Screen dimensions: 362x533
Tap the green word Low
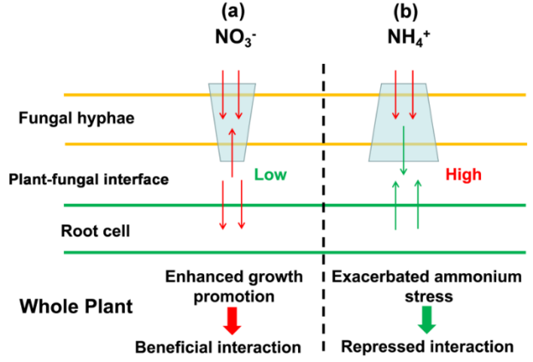[x=270, y=174]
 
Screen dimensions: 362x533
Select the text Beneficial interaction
[x=230, y=347]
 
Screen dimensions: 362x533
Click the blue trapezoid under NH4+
[x=403, y=120]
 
